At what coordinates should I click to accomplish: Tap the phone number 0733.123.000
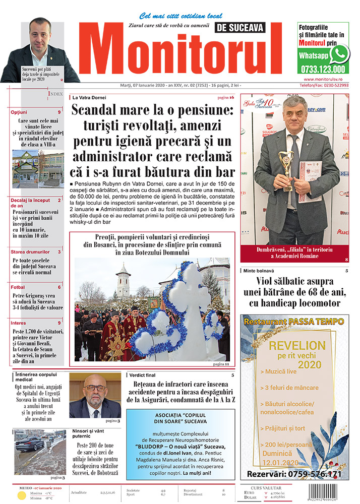coord(322,69)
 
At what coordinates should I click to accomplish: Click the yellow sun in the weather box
coord(22,495)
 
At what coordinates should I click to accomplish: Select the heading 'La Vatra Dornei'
coord(89,97)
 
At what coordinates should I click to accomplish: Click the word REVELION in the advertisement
coord(297,346)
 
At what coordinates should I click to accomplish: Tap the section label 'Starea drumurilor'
coord(30,251)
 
